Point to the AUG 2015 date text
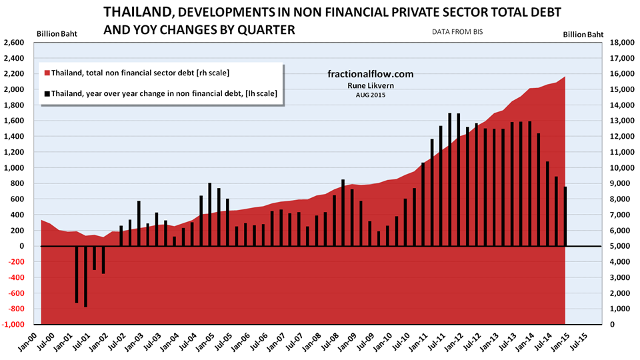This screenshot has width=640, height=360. (371, 95)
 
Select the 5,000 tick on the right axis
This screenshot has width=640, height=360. (620, 246)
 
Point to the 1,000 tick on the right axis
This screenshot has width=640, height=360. (620, 309)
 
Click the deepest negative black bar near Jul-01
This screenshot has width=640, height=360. (85, 276)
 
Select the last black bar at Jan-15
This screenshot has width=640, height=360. (565, 216)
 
